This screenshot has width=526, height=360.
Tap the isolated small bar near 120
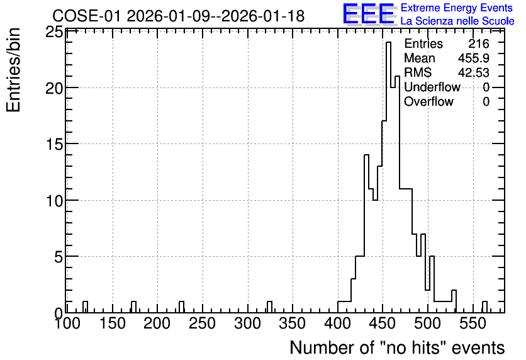coord(85,307)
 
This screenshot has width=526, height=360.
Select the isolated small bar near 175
coord(133,307)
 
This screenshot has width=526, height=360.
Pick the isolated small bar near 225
coord(181,307)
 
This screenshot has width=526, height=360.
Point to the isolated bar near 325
coord(270,307)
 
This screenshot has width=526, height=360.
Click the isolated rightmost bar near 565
coord(484,307)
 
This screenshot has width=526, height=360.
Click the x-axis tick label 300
coord(247,323)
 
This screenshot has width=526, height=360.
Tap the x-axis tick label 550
coord(473,323)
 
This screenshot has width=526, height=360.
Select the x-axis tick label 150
coord(113,323)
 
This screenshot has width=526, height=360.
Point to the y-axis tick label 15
coord(53,144)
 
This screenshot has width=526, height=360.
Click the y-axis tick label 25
coord(53,33)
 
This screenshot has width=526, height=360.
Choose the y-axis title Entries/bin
coord(14,70)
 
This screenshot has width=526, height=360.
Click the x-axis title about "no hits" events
coord(397,347)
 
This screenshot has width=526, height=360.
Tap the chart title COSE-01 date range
coord(179,16)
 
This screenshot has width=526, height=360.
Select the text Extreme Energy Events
coord(457,8)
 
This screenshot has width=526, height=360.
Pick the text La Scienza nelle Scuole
coord(457,21)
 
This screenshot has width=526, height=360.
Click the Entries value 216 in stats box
coord(479,43)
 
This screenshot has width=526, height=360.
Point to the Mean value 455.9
coord(474,58)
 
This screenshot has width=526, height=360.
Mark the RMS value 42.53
coord(474,72)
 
